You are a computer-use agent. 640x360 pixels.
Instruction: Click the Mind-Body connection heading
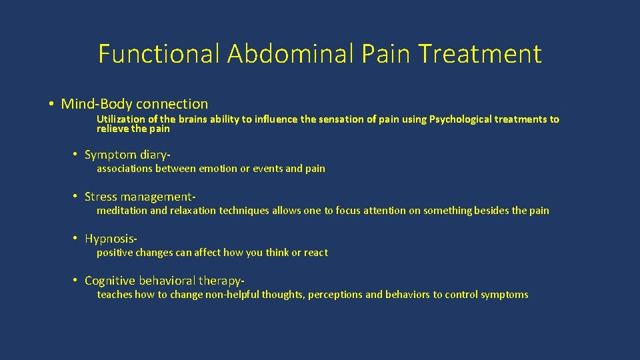135,104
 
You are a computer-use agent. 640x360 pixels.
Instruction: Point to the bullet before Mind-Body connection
51,104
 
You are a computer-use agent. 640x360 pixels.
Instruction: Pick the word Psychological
463,119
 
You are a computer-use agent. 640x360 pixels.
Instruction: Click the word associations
125,169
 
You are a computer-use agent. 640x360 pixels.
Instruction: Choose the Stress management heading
140,197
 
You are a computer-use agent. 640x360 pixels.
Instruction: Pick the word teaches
115,295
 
